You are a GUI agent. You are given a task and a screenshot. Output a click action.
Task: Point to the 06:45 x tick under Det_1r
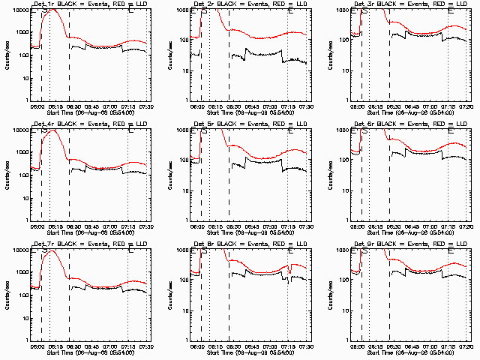click(91, 106)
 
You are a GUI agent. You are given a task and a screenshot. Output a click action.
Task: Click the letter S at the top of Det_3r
click(364, 11)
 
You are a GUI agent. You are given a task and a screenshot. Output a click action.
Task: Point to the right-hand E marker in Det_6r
click(450, 131)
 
